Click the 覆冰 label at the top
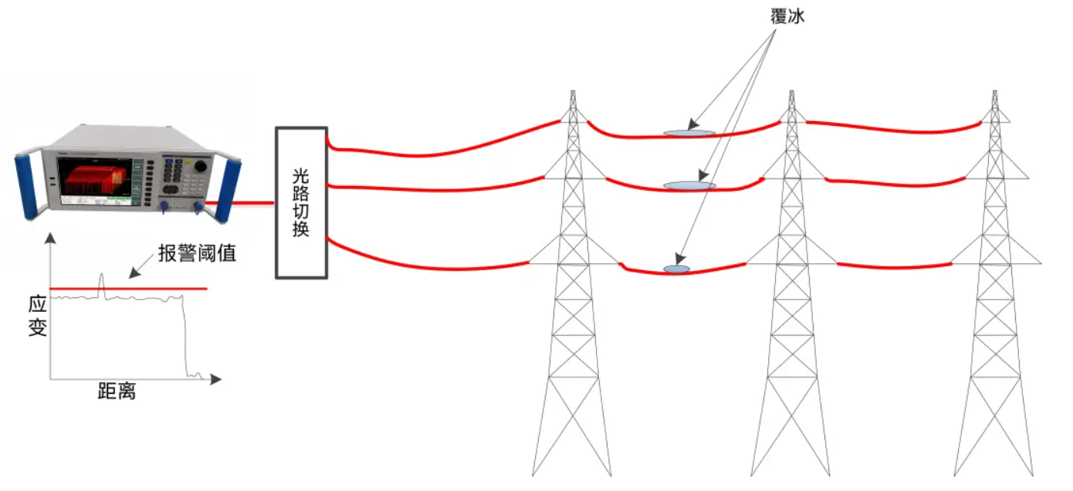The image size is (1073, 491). click(787, 16)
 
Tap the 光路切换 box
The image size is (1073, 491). click(302, 202)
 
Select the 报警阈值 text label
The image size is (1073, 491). click(197, 254)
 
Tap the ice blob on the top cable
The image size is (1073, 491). click(689, 133)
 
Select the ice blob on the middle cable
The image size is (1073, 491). click(689, 185)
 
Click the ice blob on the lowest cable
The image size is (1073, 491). click(677, 269)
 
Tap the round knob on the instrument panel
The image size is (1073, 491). click(201, 166)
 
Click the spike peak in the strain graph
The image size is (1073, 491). click(101, 275)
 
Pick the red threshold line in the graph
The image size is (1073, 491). click(154, 289)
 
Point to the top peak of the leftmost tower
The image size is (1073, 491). click(572, 92)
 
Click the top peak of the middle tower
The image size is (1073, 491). click(790, 92)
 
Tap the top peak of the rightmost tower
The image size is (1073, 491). click(994, 92)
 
